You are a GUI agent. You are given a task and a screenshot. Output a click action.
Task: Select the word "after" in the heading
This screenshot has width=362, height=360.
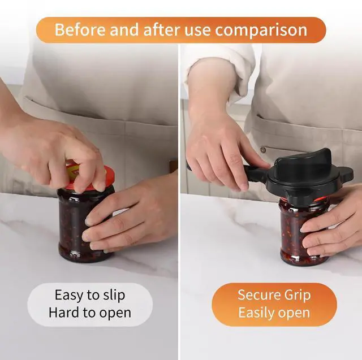point(161,30)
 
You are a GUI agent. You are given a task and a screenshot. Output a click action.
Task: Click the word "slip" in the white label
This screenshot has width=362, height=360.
point(114,295)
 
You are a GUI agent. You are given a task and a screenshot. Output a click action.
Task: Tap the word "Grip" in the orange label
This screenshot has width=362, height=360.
point(298,296)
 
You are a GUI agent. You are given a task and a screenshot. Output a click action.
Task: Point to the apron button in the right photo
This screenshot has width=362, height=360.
point(263,150)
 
